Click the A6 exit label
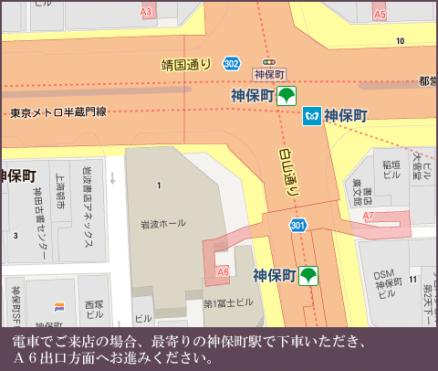(223, 271)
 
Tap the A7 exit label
(369, 216)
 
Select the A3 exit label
(146, 12)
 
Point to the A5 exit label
(380, 15)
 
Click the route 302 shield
(232, 63)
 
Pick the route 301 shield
(297, 225)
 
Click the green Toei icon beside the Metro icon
(287, 94)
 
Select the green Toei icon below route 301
(310, 275)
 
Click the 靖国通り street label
(186, 65)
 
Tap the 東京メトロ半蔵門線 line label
(58, 112)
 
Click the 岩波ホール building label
(161, 223)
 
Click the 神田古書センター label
(40, 212)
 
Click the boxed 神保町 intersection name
(270, 74)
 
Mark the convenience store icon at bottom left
(60, 307)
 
